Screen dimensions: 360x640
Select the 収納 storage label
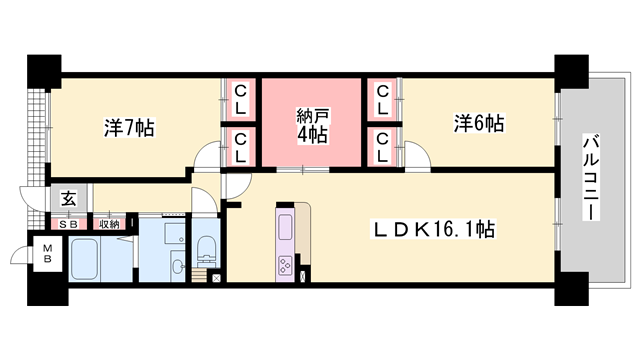108,224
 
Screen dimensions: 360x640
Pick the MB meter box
46,253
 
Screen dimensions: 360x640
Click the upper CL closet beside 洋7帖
241,97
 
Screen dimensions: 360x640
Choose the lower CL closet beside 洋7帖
241,146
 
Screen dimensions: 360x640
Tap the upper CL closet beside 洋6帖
384,97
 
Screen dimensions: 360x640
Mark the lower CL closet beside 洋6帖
384,146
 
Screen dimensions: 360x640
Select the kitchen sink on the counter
284,228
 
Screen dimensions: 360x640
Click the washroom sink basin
175,266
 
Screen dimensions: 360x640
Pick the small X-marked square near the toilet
218,276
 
